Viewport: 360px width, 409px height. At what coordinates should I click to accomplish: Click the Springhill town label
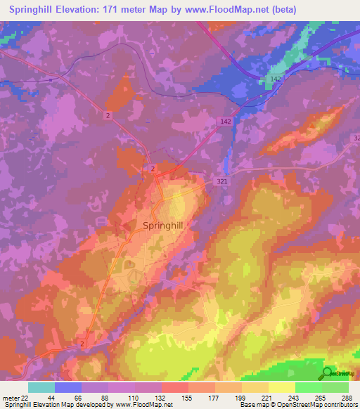coord(165,226)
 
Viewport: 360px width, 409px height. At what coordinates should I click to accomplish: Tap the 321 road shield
coord(222,181)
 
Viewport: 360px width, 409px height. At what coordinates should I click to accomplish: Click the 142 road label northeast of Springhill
coord(225,122)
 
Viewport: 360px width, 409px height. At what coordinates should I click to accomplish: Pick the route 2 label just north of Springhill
coord(153,169)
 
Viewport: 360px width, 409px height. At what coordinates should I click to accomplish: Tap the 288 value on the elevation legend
coord(346,397)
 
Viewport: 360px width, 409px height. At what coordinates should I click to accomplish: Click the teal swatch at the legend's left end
coord(41,387)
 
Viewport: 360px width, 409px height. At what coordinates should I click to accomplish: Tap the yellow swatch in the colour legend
coord(281,387)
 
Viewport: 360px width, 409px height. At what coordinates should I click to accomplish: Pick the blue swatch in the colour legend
coord(68,387)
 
